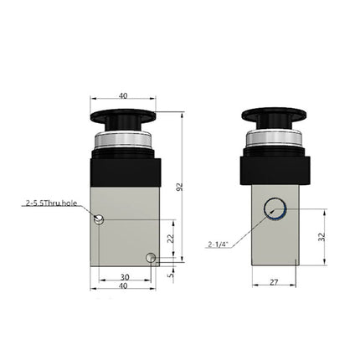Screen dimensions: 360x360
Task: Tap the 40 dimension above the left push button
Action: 124,97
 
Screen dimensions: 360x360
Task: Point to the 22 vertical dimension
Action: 170,238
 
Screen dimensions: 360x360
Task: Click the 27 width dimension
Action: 275,283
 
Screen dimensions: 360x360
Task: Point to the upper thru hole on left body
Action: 100,220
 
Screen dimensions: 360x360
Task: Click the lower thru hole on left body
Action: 150,257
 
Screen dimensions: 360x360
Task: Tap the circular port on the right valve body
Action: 274,211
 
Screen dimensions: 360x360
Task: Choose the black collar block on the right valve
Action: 275,171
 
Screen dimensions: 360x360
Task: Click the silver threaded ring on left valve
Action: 124,145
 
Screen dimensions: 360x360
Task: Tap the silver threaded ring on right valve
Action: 275,143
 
